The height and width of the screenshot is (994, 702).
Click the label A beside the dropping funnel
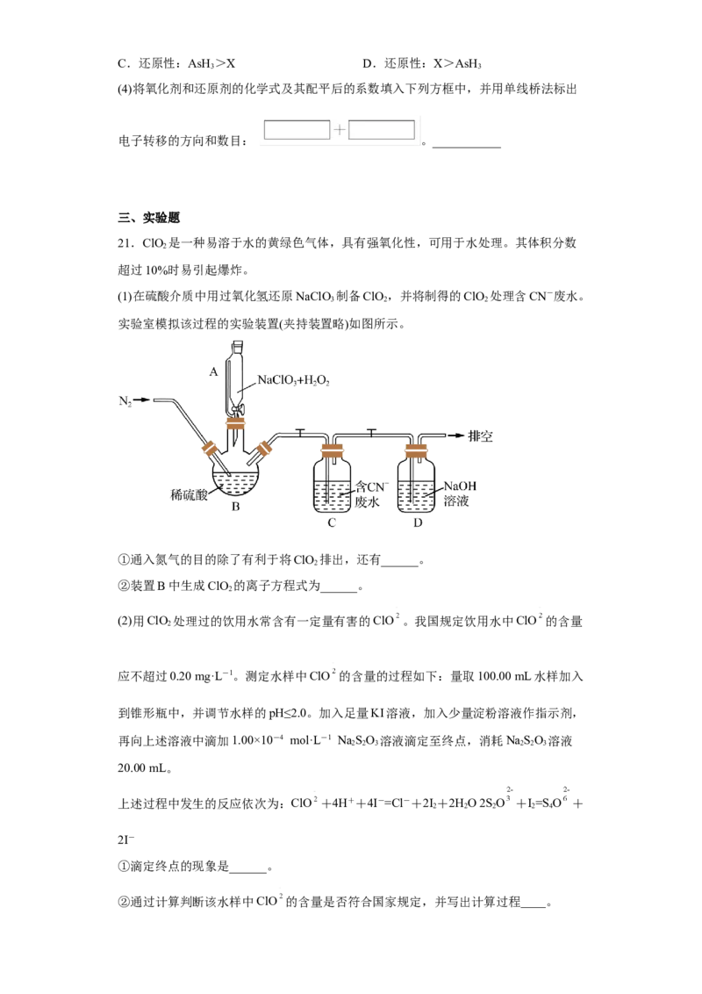(x=213, y=371)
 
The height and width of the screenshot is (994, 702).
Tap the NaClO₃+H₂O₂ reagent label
(x=293, y=380)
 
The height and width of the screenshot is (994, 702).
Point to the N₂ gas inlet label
(x=125, y=400)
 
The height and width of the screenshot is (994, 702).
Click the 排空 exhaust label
(x=480, y=436)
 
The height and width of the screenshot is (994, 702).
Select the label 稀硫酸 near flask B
(x=189, y=495)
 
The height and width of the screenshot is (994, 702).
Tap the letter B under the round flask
(x=236, y=507)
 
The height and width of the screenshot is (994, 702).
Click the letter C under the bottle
(x=332, y=523)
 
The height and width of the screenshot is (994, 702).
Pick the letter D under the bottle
(x=418, y=523)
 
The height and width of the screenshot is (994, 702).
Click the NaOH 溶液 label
(x=459, y=493)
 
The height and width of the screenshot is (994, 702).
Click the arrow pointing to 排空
(x=455, y=436)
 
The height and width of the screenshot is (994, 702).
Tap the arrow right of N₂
(x=142, y=400)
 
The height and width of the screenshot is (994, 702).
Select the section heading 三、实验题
(x=149, y=218)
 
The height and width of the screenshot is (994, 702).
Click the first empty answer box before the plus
(x=297, y=130)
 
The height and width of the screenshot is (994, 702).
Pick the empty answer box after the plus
(x=382, y=130)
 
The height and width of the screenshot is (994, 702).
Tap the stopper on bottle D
(x=416, y=451)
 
